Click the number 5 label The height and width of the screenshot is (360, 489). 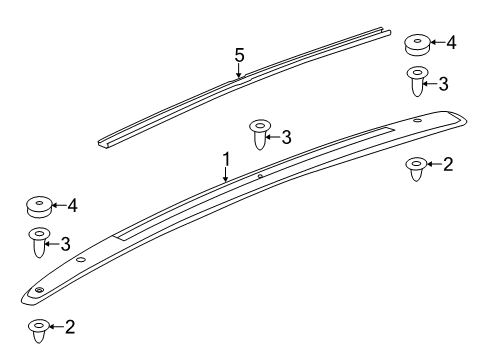(239, 56)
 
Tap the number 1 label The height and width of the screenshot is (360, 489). (227, 158)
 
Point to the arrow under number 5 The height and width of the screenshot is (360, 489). (239, 71)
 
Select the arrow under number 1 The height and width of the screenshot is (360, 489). (227, 174)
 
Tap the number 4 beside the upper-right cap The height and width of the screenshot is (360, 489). (451, 42)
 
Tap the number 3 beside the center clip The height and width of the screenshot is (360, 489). (286, 135)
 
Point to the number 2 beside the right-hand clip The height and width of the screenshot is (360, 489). (448, 164)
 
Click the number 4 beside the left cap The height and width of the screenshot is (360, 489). (72, 205)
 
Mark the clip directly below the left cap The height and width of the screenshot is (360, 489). (39, 243)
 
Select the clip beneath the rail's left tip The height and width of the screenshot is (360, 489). (39, 329)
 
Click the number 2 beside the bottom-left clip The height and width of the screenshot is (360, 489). (71, 326)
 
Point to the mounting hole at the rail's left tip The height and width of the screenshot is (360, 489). (39, 289)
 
